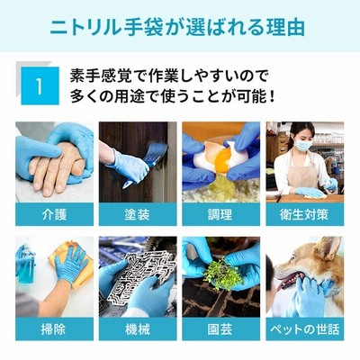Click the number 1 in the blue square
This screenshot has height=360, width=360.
(x=40, y=86)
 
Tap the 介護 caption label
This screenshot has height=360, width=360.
(x=54, y=214)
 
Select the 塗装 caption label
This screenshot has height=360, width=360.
(x=138, y=214)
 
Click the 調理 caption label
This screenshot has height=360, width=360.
(x=220, y=214)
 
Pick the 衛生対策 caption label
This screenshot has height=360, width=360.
(x=304, y=214)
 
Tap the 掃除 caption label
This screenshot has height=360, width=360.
(x=54, y=329)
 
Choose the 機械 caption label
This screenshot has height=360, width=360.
(x=138, y=329)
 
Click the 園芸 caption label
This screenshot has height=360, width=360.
(x=220, y=329)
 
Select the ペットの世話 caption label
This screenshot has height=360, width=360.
(x=305, y=329)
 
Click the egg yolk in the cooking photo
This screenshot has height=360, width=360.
(x=224, y=160)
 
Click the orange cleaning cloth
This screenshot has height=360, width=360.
(x=72, y=264)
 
